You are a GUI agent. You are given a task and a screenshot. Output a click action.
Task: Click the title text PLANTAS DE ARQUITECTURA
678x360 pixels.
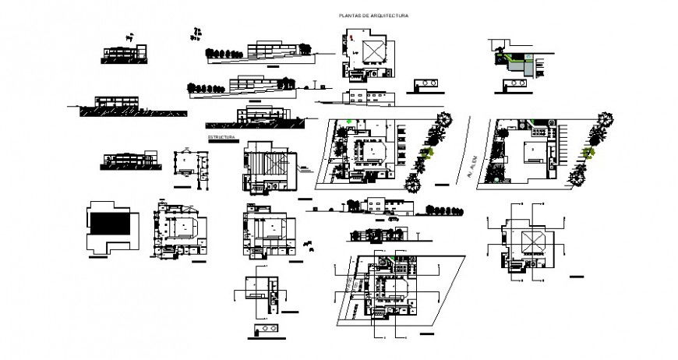pos(373,16)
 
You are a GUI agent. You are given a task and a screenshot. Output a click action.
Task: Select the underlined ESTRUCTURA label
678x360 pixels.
pos(221,138)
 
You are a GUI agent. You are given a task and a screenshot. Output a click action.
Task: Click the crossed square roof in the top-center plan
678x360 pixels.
pos(373,50)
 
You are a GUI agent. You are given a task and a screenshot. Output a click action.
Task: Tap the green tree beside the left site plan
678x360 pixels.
pos(427,154)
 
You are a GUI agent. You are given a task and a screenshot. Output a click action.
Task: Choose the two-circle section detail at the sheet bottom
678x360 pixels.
pos(265,328)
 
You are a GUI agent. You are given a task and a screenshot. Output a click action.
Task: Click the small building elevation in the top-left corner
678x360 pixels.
pos(123,51)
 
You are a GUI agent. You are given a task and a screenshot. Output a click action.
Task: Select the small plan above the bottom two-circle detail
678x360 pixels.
pos(260,286)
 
